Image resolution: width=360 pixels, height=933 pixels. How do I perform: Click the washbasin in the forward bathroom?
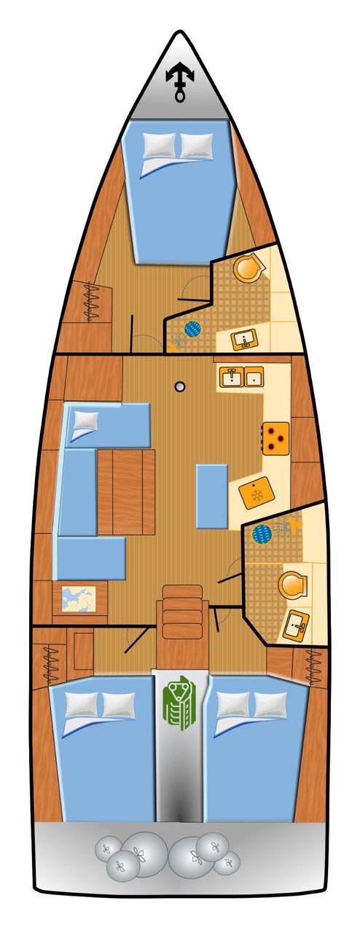coord(243,338)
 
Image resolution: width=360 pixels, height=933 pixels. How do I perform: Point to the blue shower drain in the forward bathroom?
coord(192,330)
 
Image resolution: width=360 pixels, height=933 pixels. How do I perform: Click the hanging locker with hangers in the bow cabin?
coord(94,301)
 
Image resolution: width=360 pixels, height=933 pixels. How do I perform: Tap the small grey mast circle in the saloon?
coord(179,386)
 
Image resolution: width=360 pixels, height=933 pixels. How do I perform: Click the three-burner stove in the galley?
coord(276,438)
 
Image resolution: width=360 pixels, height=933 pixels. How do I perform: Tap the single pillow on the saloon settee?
coord(86,419)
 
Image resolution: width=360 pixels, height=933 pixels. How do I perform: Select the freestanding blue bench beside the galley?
coord(212,496)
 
